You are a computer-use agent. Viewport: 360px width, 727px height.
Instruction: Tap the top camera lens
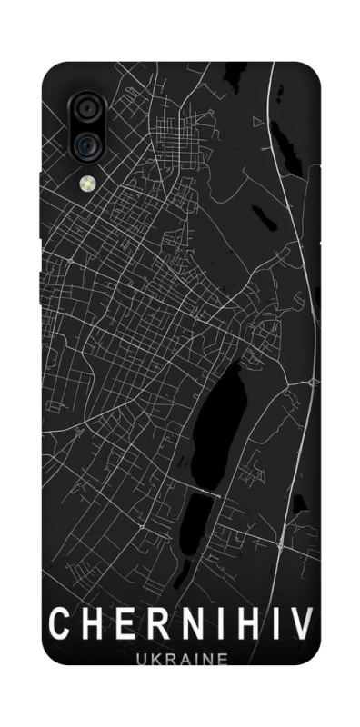pos(86,109)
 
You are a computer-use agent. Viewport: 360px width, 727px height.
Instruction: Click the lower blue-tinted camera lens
pos(86,144)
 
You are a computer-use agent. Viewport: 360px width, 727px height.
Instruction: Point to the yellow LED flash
pos(88,183)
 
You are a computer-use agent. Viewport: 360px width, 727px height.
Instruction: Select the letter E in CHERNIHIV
pos(121,624)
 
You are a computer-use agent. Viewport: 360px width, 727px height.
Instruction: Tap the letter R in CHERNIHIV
pos(154,624)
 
